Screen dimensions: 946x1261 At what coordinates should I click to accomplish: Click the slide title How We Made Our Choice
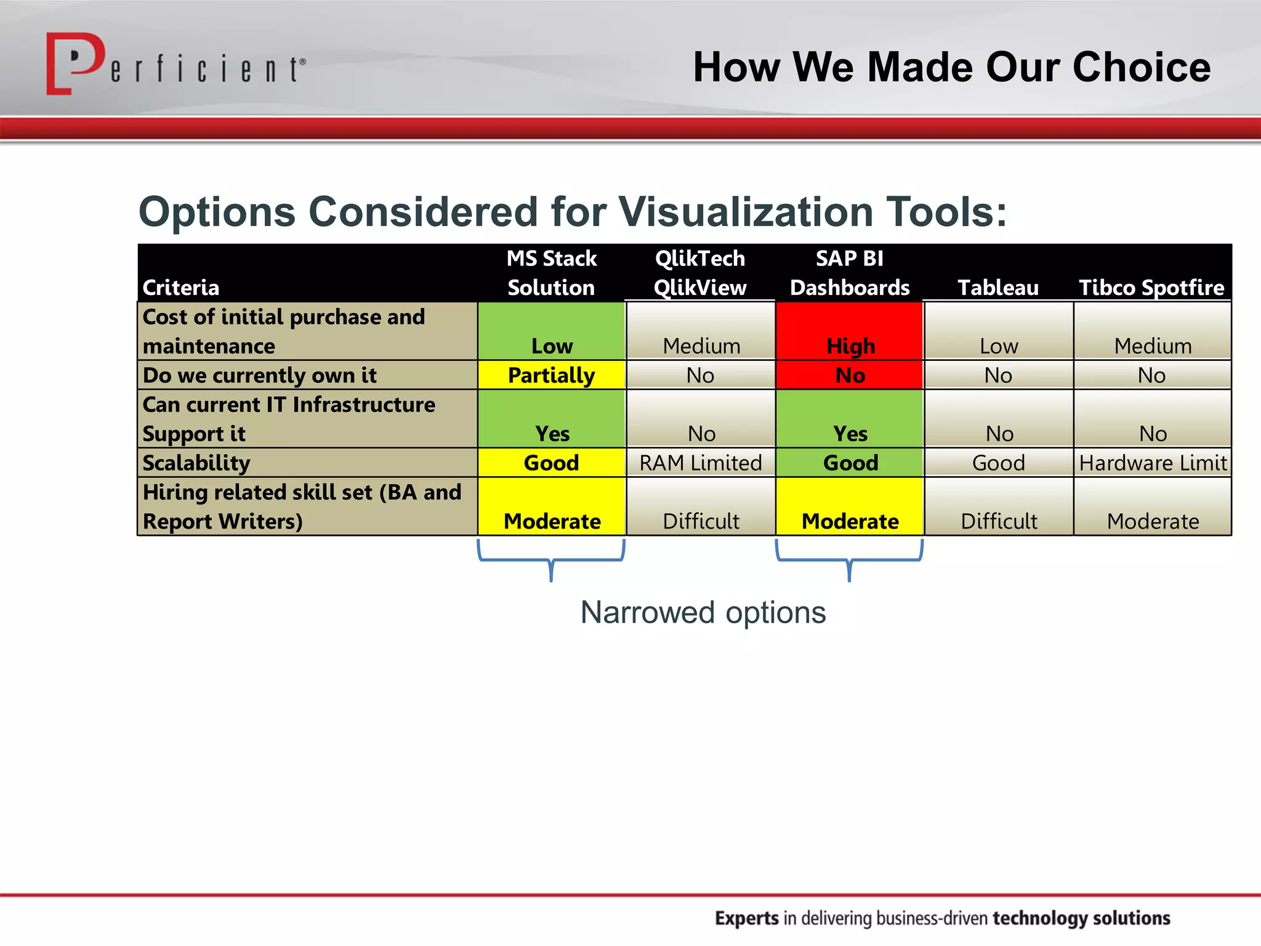951,67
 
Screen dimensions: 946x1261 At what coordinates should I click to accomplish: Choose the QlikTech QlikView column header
699,273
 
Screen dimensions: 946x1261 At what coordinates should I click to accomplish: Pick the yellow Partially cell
551,375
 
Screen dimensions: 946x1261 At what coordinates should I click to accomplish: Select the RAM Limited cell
700,463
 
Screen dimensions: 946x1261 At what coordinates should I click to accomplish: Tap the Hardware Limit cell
1152,463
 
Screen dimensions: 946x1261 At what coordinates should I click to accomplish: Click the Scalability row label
196,463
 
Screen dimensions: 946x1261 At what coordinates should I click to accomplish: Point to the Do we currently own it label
259,375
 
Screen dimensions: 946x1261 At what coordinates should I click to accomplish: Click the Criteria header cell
181,288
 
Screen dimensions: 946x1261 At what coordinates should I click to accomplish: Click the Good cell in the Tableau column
998,463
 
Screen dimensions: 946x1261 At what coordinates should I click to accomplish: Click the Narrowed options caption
703,612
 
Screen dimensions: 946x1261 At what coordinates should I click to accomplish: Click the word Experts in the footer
746,918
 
